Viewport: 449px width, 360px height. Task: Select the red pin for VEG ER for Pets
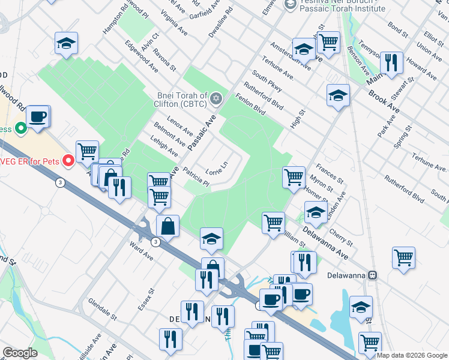tap(68, 160)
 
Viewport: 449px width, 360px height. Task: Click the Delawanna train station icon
tap(373, 275)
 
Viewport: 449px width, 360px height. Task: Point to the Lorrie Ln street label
tap(217, 169)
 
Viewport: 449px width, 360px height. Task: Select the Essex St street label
tap(146, 299)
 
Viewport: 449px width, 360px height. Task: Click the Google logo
tap(20, 353)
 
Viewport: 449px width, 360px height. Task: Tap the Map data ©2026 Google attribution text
tap(411, 355)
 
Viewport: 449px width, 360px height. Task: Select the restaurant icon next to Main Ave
tap(391, 62)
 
